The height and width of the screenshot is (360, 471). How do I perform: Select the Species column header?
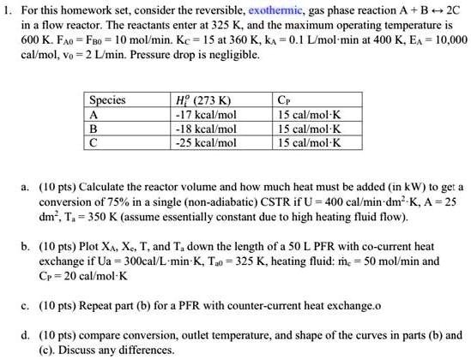(108, 100)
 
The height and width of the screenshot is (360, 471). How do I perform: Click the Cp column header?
(284, 100)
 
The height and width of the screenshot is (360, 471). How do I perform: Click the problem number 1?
(7, 10)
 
